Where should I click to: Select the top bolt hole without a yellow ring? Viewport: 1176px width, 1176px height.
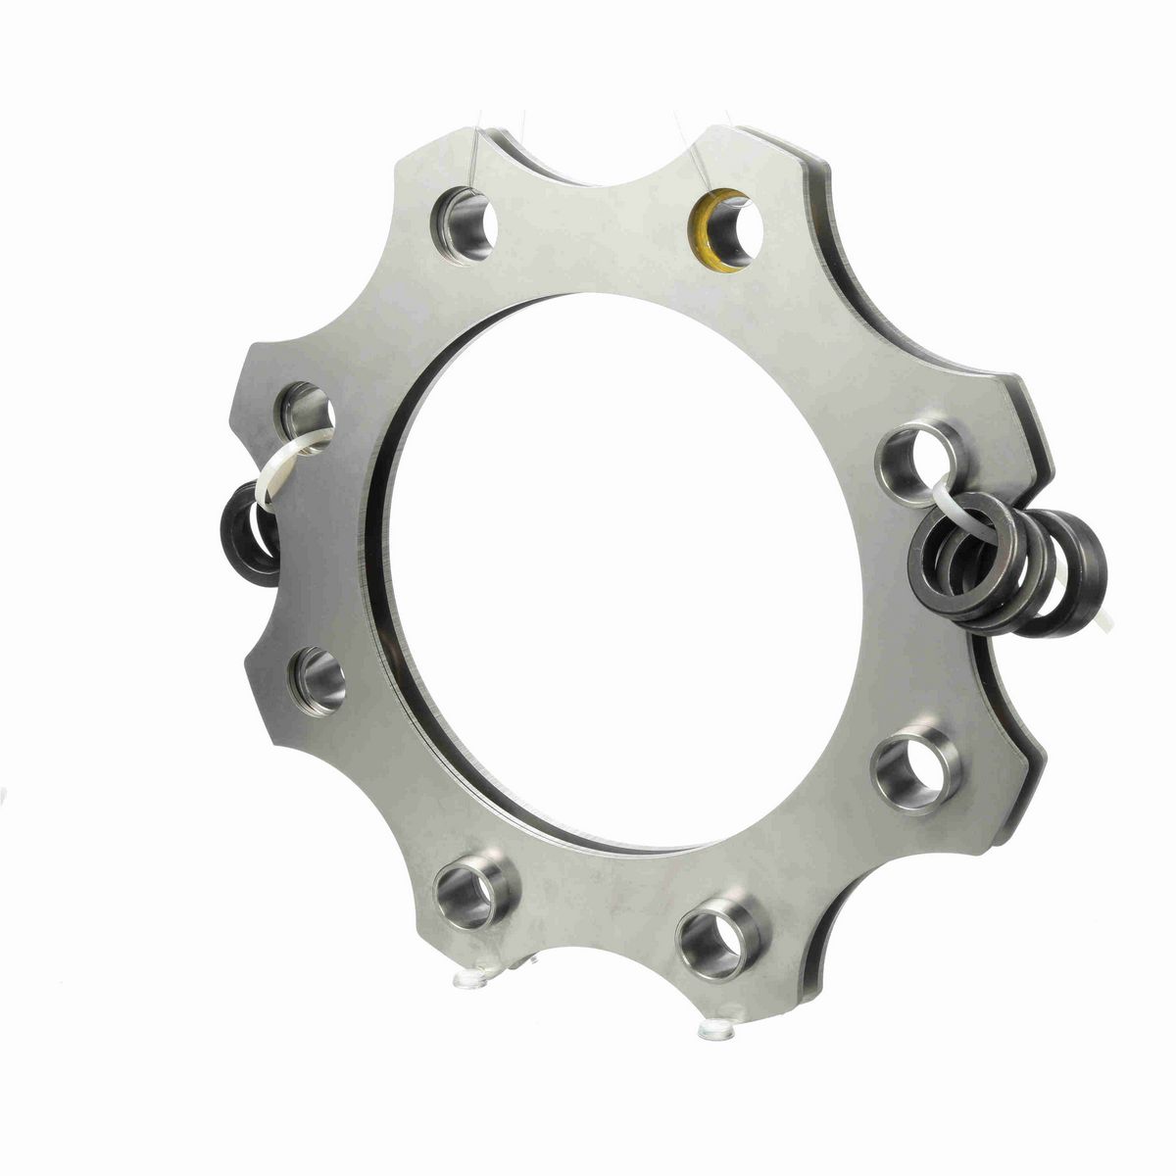click(x=464, y=222)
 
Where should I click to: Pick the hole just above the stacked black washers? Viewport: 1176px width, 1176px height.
click(x=919, y=457)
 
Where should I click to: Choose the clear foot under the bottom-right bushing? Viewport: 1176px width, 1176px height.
click(x=718, y=1029)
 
